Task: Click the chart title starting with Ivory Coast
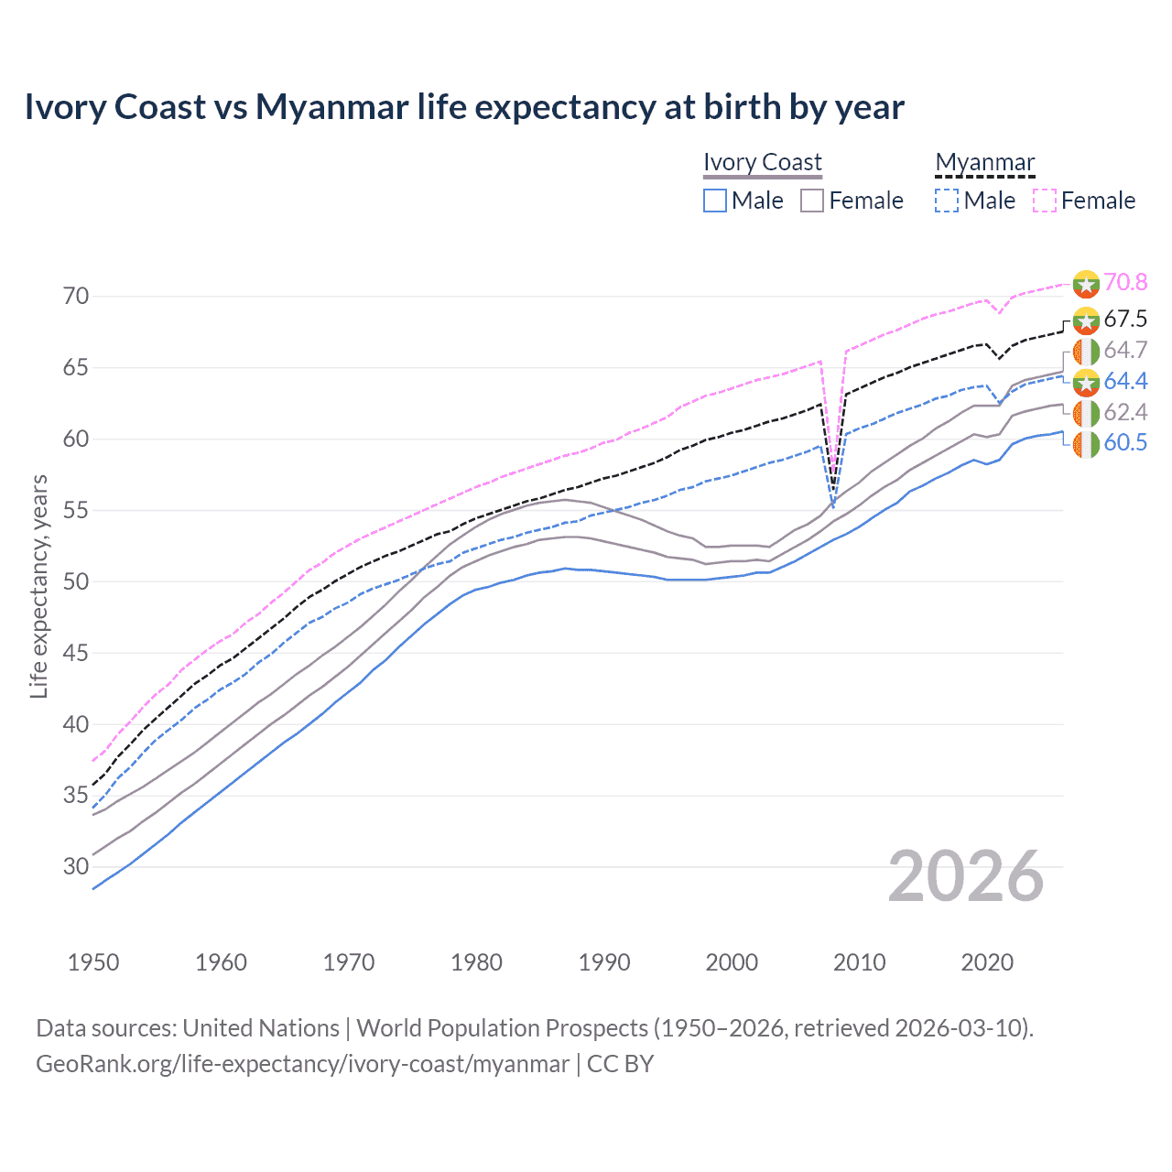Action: [x=464, y=107]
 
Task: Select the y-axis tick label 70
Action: [x=76, y=296]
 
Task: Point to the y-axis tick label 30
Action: [x=76, y=866]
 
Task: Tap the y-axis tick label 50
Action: [x=76, y=581]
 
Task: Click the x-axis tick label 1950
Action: [x=93, y=962]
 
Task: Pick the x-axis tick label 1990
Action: [x=604, y=962]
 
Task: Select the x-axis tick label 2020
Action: [x=987, y=962]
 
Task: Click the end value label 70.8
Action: [x=1125, y=283]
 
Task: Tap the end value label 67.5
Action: [x=1125, y=320]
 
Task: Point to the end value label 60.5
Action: [x=1125, y=443]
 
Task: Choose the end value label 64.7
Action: [x=1125, y=351]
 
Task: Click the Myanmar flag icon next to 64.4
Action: [x=1086, y=382]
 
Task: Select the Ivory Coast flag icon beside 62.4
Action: [x=1086, y=413]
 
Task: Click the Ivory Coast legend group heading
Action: [x=763, y=162]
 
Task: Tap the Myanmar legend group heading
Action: [x=984, y=162]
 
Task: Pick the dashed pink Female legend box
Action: [x=1045, y=201]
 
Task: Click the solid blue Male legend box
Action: [x=715, y=201]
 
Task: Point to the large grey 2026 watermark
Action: [x=966, y=876]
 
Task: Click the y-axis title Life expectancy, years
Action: [x=39, y=586]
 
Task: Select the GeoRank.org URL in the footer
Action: [x=302, y=1064]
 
